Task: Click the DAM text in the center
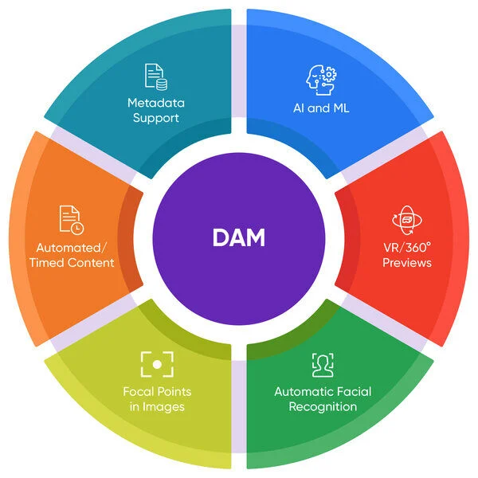click(238, 238)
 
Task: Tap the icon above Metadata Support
click(155, 76)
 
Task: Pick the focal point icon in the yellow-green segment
click(157, 364)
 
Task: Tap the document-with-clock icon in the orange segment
click(71, 220)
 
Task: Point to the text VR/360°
click(406, 247)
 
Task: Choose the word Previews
click(406, 263)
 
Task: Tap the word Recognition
click(322, 407)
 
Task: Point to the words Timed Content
click(75, 263)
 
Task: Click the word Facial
click(351, 391)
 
